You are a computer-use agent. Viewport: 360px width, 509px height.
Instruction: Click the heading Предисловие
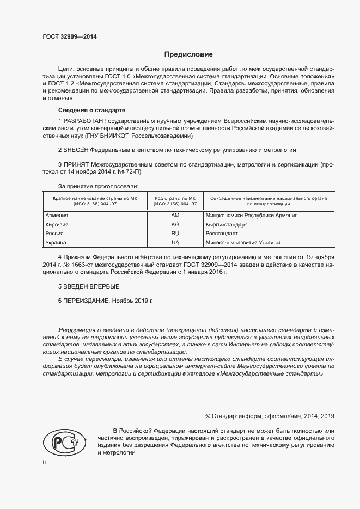pyautogui.click(x=189, y=54)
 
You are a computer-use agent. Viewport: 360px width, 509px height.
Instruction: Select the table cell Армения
pyautogui.click(x=57, y=216)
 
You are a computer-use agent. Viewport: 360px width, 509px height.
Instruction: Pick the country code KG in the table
pyautogui.click(x=175, y=224)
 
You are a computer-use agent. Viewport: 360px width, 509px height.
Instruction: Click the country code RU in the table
pyautogui.click(x=175, y=233)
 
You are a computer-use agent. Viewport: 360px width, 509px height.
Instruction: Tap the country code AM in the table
pyautogui.click(x=175, y=216)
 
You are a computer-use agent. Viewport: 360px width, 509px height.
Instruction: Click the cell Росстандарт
pyautogui.click(x=221, y=233)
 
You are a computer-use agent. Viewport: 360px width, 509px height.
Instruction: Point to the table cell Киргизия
pyautogui.click(x=58, y=224)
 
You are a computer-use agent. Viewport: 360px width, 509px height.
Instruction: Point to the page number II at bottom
pyautogui.click(x=45, y=463)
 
